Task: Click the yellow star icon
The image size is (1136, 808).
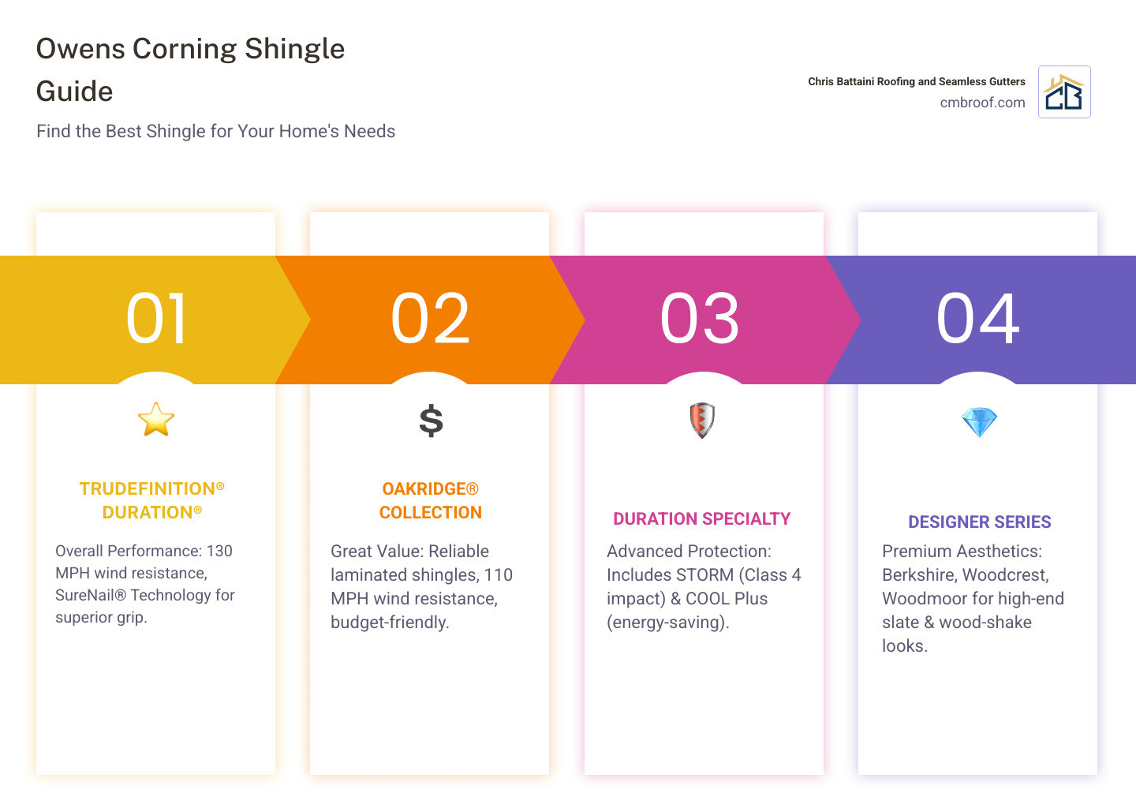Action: pos(156,420)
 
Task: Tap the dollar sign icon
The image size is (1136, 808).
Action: pos(431,421)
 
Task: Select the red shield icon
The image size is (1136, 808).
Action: pos(702,421)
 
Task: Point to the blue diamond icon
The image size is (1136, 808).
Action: pos(979,422)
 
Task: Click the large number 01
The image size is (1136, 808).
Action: pos(156,319)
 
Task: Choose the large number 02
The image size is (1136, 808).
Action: pos(430,319)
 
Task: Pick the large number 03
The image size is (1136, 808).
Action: pos(699,319)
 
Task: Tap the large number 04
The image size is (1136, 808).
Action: pos(977,319)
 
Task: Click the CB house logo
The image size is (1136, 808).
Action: pos(1064,92)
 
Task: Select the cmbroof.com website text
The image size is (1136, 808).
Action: pos(982,103)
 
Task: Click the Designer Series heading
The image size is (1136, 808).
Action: pos(979,522)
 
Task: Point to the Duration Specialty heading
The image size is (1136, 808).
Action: pos(702,518)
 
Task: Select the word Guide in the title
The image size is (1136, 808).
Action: pos(74,92)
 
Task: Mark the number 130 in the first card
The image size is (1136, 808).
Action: pos(219,551)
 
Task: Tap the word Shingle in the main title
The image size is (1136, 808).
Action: pos(295,49)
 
